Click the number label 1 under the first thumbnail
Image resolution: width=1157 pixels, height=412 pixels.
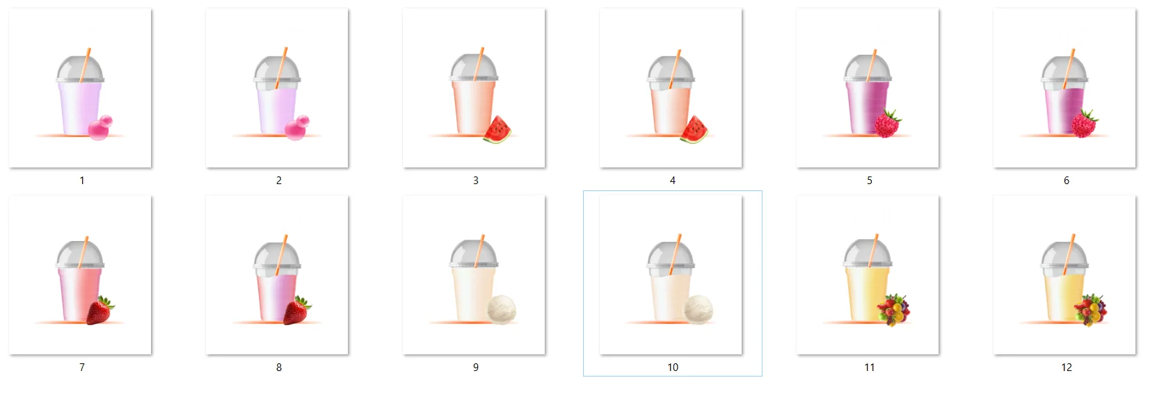pos(81,181)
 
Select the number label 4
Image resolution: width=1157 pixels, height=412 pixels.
pos(673,181)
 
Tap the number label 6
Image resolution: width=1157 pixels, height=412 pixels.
pos(1066,181)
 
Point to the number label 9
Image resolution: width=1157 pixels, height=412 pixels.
pos(476,367)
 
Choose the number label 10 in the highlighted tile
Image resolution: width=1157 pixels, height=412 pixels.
pos(673,367)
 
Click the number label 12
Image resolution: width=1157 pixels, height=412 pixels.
pos(1066,367)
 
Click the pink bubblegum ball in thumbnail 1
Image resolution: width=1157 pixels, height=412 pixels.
pos(99,127)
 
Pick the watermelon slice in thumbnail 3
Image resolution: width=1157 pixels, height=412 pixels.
pos(497,129)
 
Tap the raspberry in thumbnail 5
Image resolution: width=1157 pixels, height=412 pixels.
pos(887,123)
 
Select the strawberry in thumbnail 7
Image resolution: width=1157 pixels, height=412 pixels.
pos(99,311)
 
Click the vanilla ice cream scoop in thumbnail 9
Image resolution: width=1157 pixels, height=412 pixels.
pos(502,309)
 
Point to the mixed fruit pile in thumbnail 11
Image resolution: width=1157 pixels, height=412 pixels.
pos(893,310)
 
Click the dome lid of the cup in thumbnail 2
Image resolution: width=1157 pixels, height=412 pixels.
pos(277,69)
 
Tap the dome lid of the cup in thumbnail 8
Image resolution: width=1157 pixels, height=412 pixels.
pos(277,256)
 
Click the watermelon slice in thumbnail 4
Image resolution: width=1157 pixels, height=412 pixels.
pos(694,129)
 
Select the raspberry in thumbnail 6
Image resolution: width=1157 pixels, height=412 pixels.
pos(1084,123)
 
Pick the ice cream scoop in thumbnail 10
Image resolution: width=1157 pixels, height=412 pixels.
pos(699,309)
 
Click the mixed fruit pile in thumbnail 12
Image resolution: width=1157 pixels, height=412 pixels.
pos(1090,310)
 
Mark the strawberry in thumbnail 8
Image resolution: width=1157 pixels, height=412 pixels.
pos(297,311)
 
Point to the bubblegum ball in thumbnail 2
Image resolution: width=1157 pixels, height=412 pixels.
pos(296,128)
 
